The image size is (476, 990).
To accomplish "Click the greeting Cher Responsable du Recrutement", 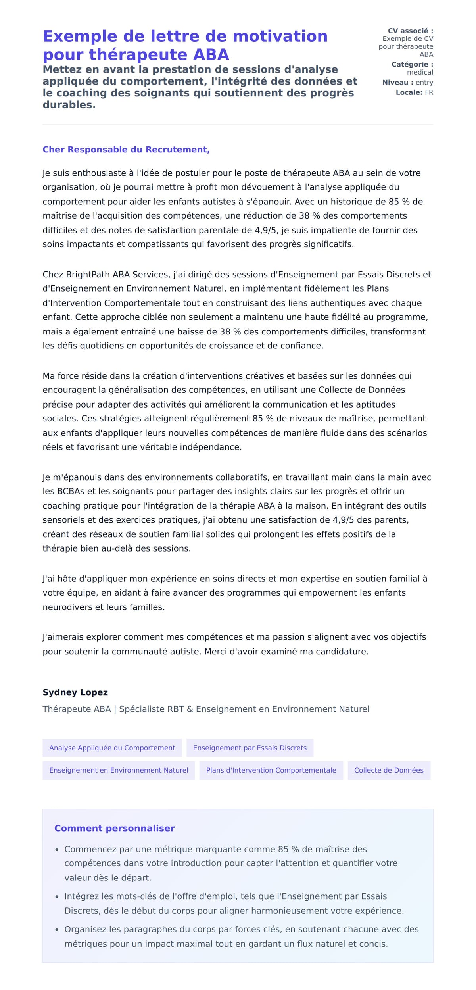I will coord(126,150).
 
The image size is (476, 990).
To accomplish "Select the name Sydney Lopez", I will coord(75,692).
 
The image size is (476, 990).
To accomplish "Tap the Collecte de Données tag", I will coord(388,770).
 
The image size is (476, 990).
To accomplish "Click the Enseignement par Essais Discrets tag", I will coord(250,748).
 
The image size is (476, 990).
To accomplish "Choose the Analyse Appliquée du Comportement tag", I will coord(112,748).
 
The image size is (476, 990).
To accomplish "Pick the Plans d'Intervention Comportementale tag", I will coord(271,770).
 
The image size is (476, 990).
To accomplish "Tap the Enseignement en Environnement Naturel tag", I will coord(119,770).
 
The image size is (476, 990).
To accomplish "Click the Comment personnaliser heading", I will coord(114,828).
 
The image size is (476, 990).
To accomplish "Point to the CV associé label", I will coord(410,31).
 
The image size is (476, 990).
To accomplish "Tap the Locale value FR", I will coord(429,92).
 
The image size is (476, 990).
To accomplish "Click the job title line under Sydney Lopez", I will coord(205,709).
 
